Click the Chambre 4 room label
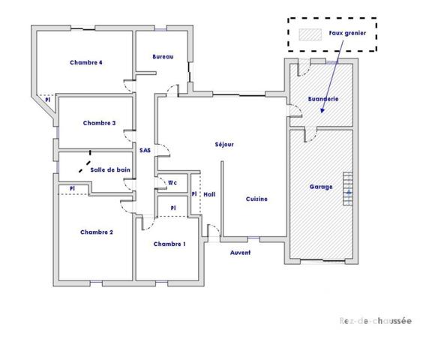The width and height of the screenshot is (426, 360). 85,62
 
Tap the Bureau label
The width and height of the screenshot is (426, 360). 163,57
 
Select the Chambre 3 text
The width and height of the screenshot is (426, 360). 99,123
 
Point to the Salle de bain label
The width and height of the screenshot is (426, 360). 110,170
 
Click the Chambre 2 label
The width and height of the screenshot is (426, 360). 96,232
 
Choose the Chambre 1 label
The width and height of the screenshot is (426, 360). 169,244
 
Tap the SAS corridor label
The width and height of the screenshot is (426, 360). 145,150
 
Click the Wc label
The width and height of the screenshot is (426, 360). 172,182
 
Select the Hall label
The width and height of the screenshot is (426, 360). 209,194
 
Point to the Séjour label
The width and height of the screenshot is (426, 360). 224,144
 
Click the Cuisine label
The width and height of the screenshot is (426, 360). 256,199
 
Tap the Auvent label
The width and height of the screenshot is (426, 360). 240,253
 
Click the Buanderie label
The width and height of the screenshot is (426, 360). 323,99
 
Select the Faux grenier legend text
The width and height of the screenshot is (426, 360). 347,34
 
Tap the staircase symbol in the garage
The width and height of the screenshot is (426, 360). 347,188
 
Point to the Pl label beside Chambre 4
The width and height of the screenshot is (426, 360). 46,99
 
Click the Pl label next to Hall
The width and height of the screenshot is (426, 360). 193,194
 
